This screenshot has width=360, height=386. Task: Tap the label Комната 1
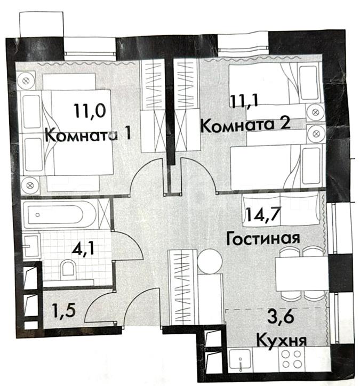tap(87, 135)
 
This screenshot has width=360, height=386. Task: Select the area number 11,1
tap(244, 101)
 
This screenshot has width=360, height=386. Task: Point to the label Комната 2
tap(246, 125)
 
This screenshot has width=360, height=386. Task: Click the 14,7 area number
tap(263, 214)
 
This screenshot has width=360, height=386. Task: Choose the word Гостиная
tap(263, 238)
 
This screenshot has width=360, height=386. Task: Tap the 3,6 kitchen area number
tap(281, 317)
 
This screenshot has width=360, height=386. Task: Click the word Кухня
tap(282, 340)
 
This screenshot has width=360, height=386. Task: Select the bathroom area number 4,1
tap(83, 250)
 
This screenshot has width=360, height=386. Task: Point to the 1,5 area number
tap(63, 310)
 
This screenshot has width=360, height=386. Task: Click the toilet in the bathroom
tap(68, 269)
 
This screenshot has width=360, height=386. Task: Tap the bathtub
tap(59, 214)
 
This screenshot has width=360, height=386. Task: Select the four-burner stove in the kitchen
tap(292, 358)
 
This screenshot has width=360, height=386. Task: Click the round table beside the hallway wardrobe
tap(210, 261)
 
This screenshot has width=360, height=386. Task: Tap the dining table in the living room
tap(301, 274)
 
